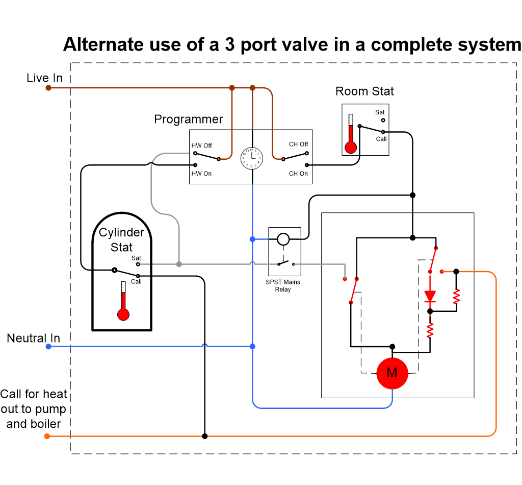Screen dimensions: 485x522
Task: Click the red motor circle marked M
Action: (392, 373)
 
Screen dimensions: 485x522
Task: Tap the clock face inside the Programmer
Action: (252, 158)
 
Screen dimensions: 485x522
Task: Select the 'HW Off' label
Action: (201, 146)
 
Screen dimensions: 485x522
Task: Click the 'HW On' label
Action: (201, 174)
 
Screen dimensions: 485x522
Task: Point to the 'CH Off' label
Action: (298, 144)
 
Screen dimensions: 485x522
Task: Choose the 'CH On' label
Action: (298, 174)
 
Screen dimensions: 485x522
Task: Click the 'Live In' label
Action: (45, 78)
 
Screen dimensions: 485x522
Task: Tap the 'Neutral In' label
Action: (33, 338)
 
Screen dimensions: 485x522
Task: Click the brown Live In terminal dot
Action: (48, 88)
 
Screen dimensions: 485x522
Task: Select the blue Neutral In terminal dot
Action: (48, 347)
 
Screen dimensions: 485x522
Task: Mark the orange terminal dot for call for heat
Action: (47, 436)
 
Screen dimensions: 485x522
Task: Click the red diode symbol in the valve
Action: (430, 296)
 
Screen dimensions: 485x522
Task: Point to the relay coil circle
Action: (283, 238)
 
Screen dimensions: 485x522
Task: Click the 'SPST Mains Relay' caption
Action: (283, 286)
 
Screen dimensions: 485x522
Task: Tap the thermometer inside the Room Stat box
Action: (350, 134)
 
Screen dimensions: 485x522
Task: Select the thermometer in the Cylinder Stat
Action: (123, 301)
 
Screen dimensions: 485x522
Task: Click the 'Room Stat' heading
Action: (364, 91)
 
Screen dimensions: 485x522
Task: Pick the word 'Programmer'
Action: (189, 119)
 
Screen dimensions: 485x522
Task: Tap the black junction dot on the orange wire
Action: (205, 436)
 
